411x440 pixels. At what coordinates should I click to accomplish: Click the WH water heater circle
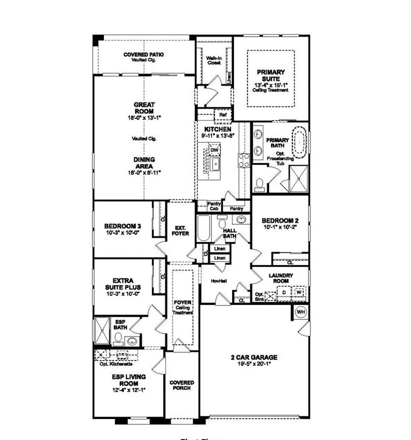click(x=301, y=312)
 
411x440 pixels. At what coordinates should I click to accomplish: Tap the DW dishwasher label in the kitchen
click(x=214, y=150)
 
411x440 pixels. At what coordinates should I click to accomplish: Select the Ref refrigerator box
click(x=223, y=115)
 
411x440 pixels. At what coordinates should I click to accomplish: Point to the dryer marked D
click(x=284, y=292)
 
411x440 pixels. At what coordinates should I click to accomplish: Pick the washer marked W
click(x=299, y=292)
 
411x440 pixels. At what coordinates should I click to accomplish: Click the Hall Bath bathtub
click(x=203, y=228)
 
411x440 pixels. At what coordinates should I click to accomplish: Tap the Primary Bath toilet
click(x=260, y=184)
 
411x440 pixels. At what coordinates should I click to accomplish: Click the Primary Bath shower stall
click(x=299, y=179)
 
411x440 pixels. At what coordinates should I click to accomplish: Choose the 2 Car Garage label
click(x=254, y=357)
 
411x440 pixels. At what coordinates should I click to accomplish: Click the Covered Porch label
click(x=181, y=385)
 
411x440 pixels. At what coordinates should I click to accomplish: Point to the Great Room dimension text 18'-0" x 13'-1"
click(x=144, y=118)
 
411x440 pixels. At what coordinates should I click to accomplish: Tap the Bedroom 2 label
click(x=280, y=221)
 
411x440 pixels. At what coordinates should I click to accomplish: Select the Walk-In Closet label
click(x=214, y=60)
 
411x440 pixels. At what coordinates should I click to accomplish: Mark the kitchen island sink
click(x=215, y=163)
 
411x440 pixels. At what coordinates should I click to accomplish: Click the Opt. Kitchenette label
click(x=116, y=364)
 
